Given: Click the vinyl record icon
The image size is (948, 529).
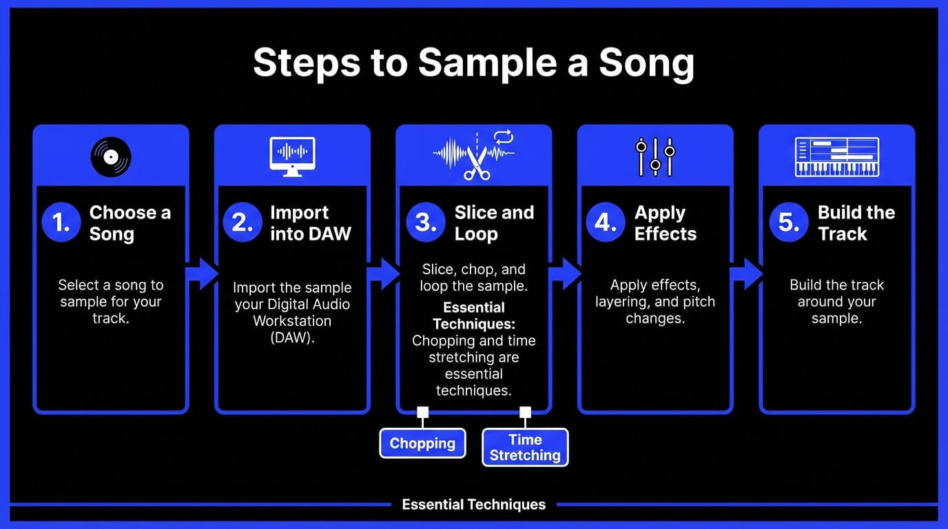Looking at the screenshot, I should pyautogui.click(x=111, y=157).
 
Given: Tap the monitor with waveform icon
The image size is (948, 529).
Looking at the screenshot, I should pyautogui.click(x=292, y=156).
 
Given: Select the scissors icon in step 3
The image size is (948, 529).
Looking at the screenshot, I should pyautogui.click(x=477, y=163).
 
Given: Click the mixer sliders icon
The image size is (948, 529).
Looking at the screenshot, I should pyautogui.click(x=655, y=156).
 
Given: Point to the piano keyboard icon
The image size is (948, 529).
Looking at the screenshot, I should pyautogui.click(x=837, y=157).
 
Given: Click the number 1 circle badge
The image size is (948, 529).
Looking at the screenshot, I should pyautogui.click(x=62, y=223).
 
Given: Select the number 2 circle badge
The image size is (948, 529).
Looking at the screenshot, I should pyautogui.click(x=243, y=223).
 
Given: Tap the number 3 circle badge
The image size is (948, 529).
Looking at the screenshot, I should pyautogui.click(x=425, y=223).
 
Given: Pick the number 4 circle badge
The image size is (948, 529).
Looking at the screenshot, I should pyautogui.click(x=606, y=223).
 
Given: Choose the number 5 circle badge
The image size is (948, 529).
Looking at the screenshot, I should pyautogui.click(x=788, y=223).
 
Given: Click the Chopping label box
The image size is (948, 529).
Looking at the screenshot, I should pyautogui.click(x=422, y=443).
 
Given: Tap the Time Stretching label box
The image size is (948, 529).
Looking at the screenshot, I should pyautogui.click(x=525, y=447).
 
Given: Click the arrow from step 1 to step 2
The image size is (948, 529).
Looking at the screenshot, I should pyautogui.click(x=201, y=273).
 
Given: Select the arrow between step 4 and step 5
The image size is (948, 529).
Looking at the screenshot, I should pyautogui.click(x=746, y=273).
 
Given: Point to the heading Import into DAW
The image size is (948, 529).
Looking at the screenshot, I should pyautogui.click(x=310, y=223).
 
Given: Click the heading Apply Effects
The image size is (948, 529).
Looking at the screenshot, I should pyautogui.click(x=665, y=223).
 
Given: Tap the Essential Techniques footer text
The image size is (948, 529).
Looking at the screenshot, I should pyautogui.click(x=473, y=505).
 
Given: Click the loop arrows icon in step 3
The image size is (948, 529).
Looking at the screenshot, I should pyautogui.click(x=504, y=137).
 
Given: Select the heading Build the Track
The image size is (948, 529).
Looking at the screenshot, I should pyautogui.click(x=856, y=223).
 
